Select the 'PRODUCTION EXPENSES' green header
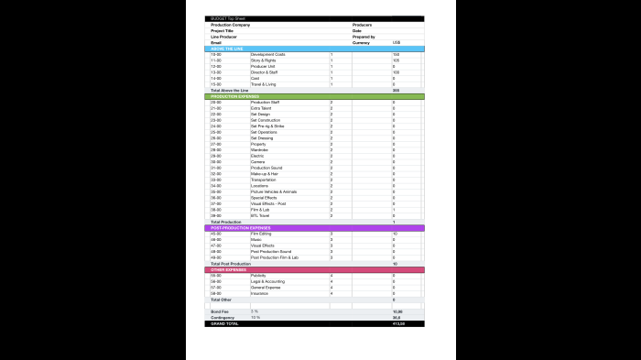pyautogui.click(x=235, y=96)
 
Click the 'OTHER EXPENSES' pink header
pyautogui.click(x=230, y=269)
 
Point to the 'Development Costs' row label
pyautogui.click(x=267, y=55)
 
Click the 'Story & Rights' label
pyautogui.click(x=264, y=60)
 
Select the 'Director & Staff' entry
pyautogui.click(x=265, y=72)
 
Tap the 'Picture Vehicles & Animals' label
pyautogui.click(x=273, y=191)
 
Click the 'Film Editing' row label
pyautogui.click(x=262, y=234)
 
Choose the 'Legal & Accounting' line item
pyautogui.click(x=267, y=281)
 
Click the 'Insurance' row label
pyautogui.click(x=259, y=293)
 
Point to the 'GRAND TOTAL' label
pyautogui.click(x=224, y=323)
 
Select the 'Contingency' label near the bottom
pyautogui.click(x=223, y=318)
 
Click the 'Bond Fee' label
pyautogui.click(x=220, y=311)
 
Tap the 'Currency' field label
pyautogui.click(x=361, y=42)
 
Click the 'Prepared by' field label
pyautogui.click(x=364, y=37)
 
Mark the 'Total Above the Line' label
pyautogui.click(x=230, y=91)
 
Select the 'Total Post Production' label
pyautogui.click(x=231, y=264)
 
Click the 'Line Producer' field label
pyautogui.click(x=223, y=37)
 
